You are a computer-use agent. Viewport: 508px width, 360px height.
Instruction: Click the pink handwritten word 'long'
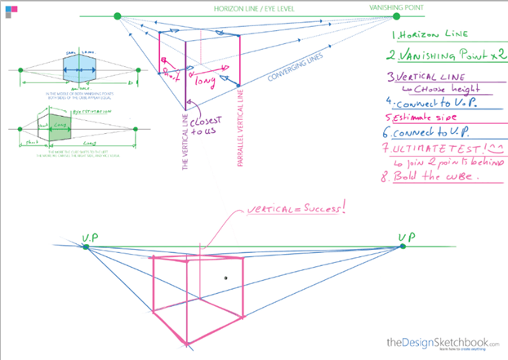[x=204, y=80]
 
